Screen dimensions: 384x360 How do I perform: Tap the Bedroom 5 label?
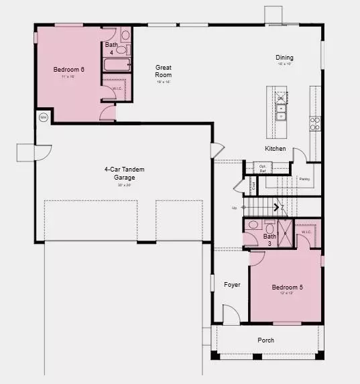pos(287,288)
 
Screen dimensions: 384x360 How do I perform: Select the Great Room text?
pos(164,71)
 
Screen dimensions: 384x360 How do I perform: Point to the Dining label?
pos(284,58)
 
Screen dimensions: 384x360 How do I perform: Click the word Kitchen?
pos(275,149)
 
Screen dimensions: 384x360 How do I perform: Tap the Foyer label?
pos(232,285)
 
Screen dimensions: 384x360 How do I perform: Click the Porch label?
pos(265,340)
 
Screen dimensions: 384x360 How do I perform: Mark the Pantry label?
pos(304,179)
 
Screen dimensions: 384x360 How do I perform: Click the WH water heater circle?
pos(44,117)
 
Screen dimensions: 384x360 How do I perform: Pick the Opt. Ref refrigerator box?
pos(253,168)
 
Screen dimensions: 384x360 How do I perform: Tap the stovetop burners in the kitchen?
pos(314,123)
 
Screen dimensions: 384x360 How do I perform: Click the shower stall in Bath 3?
pos(284,234)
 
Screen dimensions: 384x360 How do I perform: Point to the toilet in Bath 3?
pos(253,225)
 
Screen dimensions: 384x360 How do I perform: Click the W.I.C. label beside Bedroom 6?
pos(117,88)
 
